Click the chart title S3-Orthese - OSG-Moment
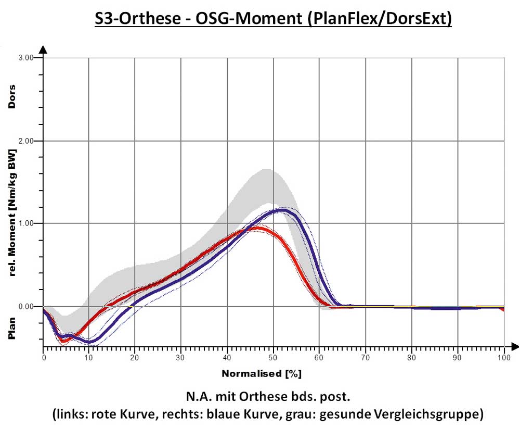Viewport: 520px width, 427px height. [274, 19]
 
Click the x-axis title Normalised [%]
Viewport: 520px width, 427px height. [262, 374]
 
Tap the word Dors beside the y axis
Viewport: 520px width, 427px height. [11, 96]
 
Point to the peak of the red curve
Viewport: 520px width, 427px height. [256, 229]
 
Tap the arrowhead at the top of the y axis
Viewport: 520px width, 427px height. [44, 49]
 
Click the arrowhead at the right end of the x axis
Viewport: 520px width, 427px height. [514, 346]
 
